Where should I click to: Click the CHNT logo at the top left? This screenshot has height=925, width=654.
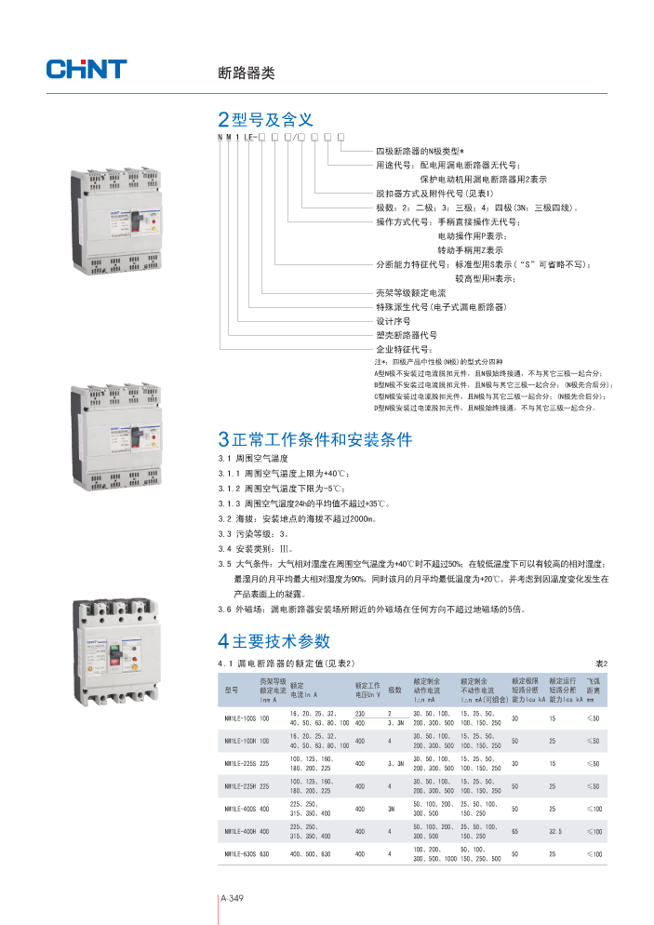(x=86, y=69)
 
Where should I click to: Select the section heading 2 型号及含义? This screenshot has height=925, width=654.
(x=264, y=120)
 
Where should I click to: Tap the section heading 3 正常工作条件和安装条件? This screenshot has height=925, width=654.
(x=314, y=439)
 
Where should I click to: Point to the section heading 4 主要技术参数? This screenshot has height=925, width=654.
(x=274, y=641)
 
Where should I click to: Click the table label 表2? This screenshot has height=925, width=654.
(x=601, y=664)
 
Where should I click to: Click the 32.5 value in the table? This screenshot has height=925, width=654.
(x=557, y=831)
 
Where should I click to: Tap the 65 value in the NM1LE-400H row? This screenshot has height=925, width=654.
(x=514, y=831)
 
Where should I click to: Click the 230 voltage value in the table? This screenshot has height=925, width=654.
(x=359, y=713)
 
